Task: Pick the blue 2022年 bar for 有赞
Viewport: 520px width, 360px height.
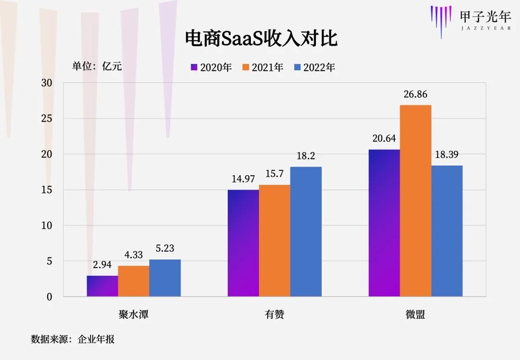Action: coord(306,231)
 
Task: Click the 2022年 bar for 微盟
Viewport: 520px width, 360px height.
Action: coord(447,231)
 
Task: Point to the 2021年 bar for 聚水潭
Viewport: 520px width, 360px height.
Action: coord(133,281)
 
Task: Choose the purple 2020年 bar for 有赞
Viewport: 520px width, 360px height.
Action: coord(243,243)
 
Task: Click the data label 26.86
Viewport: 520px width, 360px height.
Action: coord(416,95)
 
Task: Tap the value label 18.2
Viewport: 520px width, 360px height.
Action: coord(306,156)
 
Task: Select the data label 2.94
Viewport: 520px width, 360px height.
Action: coord(102,265)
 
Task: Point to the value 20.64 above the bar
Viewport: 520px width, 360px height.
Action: coord(384,139)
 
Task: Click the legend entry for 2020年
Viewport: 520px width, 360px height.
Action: coord(211,67)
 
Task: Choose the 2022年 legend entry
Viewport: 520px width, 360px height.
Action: coord(314,67)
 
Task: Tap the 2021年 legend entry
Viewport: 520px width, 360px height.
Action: coord(263,67)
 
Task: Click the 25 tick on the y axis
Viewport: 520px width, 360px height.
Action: coord(47,118)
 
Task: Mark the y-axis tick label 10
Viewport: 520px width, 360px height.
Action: coord(47,225)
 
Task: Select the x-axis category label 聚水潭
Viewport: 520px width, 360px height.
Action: coord(133,315)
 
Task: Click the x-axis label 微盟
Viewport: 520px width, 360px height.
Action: coord(416,315)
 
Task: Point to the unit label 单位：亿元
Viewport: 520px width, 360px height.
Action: coord(97,66)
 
